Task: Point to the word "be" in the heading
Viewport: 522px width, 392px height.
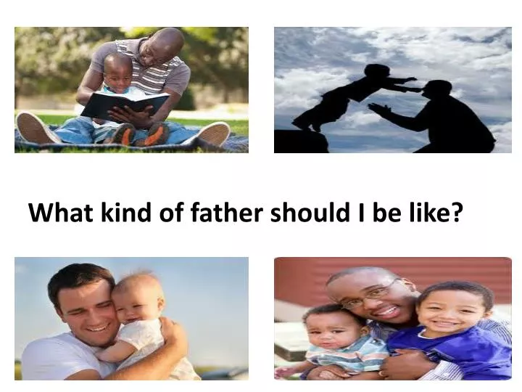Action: click(388, 213)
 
